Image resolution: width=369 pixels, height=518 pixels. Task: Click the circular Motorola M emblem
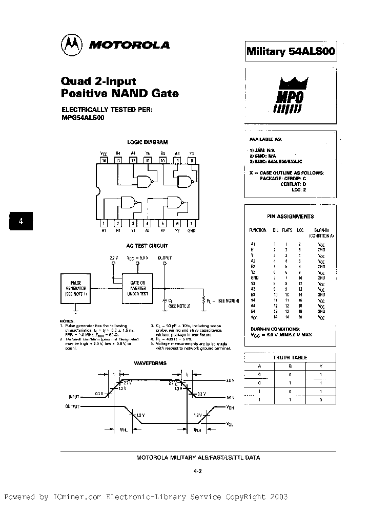tap(71, 45)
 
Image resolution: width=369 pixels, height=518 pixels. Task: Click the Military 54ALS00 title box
tap(291, 51)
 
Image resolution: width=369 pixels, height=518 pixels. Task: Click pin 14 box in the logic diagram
tap(105, 160)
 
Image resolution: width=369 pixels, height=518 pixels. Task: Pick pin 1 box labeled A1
tap(105, 223)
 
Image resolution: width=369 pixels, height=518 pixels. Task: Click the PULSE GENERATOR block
tap(75, 289)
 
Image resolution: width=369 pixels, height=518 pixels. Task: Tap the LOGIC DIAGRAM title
tap(147, 142)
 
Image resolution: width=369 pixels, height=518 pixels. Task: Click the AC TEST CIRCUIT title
tap(147, 246)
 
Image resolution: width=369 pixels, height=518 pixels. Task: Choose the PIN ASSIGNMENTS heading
tap(291, 217)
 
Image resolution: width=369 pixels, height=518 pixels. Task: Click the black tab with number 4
tap(21, 222)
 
